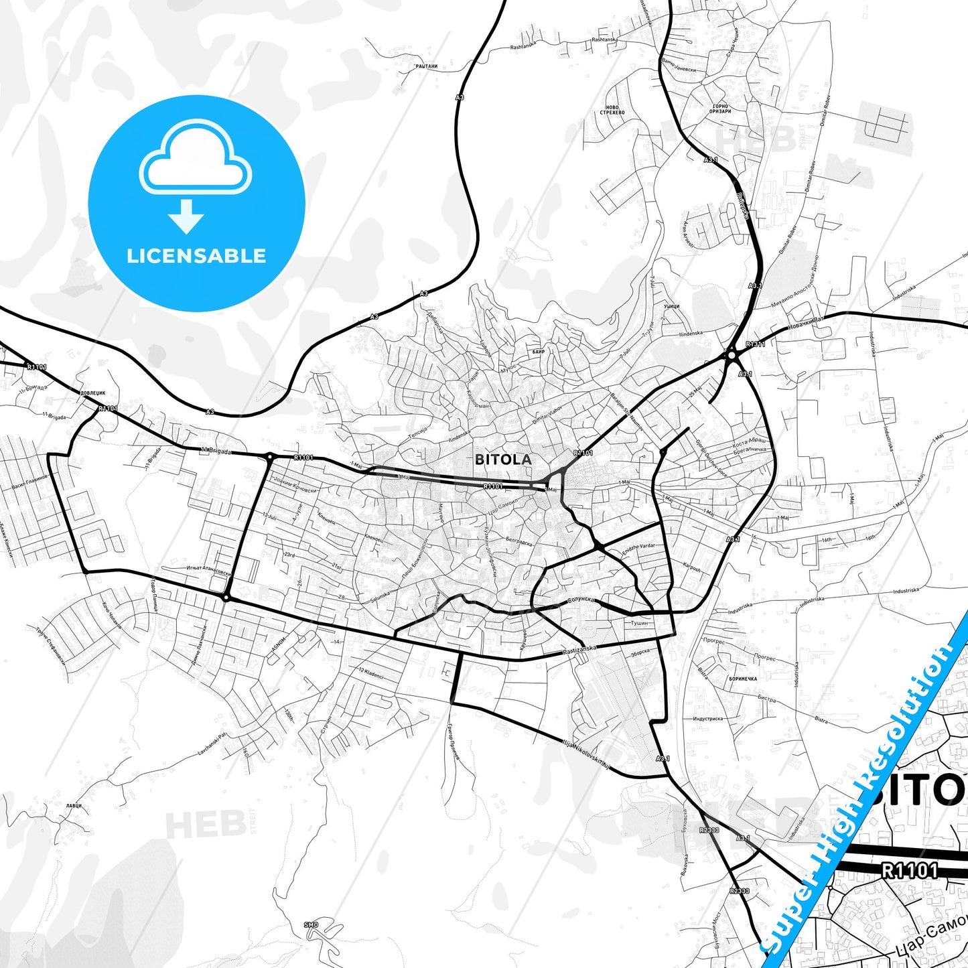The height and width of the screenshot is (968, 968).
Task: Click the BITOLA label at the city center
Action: pos(503,460)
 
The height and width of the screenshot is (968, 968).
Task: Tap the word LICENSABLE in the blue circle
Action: pos(196,255)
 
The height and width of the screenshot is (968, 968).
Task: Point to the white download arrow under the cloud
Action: pos(186,216)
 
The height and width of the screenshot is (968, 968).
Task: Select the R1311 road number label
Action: pos(755,344)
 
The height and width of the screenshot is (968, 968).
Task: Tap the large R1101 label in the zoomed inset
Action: pos(909,870)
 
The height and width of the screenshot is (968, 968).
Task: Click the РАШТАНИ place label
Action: pos(426,66)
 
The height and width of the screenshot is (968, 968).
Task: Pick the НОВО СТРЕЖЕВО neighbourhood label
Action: pos(614,110)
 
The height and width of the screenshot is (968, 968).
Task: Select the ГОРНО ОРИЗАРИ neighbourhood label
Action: pos(721,109)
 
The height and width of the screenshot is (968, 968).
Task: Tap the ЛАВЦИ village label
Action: pos(74,805)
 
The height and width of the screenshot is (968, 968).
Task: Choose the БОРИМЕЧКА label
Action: pos(742,679)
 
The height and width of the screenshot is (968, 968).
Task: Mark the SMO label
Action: pos(311,925)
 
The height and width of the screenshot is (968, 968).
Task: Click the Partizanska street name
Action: pos(579,650)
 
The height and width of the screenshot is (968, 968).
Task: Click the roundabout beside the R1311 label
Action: pos(732,355)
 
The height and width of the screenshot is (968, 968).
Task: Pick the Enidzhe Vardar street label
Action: pos(638,546)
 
